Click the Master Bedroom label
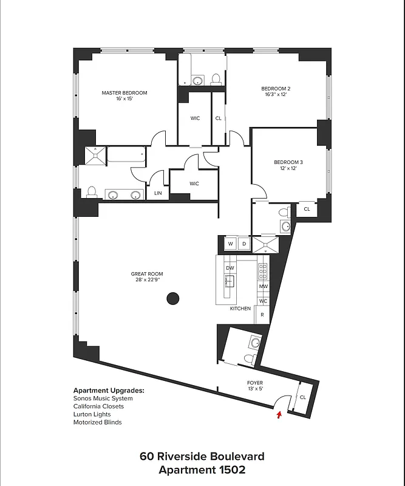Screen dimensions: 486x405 point(124,93)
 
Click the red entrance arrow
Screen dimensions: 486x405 point(279,415)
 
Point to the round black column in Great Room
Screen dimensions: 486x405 point(173,298)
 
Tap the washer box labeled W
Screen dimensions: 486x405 point(230,244)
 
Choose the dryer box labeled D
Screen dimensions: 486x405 point(244,244)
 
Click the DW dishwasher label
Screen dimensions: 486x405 point(230,268)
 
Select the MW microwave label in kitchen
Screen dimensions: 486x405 point(264,286)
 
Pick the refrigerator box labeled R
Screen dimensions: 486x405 point(262,314)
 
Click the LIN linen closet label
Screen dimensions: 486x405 point(158,193)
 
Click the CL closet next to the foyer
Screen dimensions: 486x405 point(302,397)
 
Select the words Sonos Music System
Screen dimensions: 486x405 point(103,399)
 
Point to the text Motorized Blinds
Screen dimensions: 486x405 point(97,422)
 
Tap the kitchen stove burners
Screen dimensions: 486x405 point(263,270)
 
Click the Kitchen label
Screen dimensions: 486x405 point(240,309)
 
